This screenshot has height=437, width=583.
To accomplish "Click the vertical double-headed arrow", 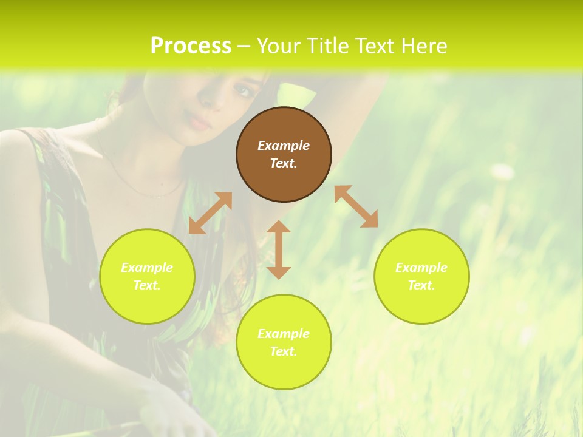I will click(279, 249).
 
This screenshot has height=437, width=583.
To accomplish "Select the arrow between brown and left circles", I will click(210, 213).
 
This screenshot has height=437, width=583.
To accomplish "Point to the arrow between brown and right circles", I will click(356, 206).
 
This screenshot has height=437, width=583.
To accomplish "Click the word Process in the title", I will click(191, 46).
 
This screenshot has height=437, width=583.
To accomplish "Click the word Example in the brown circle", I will click(284, 146).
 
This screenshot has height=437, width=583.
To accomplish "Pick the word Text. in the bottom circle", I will click(284, 351).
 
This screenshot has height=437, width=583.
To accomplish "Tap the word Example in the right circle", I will click(421, 268).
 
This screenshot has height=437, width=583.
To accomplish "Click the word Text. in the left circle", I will click(147, 285).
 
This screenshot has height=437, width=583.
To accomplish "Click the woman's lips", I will click(200, 123).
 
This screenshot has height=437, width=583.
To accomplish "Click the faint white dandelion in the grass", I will click(502, 172).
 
